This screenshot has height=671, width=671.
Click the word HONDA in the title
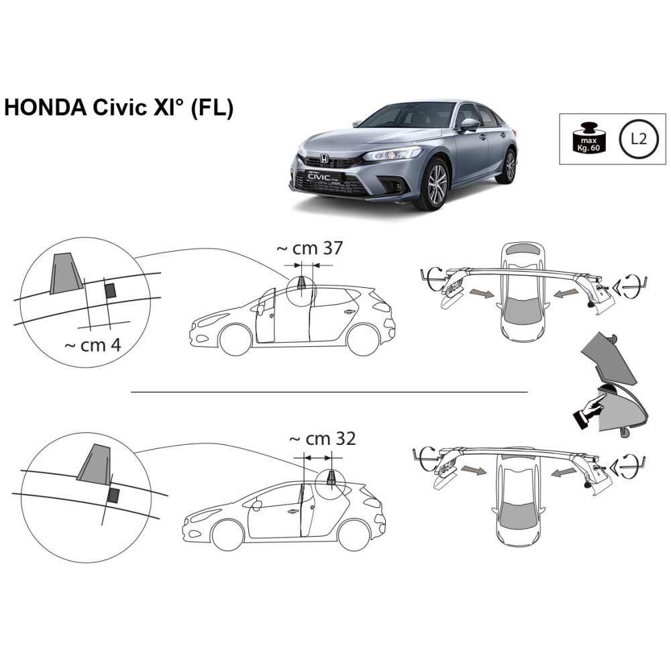[x=45, y=107]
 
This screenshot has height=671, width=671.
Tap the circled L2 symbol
[x=638, y=139]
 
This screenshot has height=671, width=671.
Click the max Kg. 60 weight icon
[x=589, y=138]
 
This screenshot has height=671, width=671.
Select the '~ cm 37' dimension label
[x=310, y=248]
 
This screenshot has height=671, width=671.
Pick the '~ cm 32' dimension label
[x=323, y=439]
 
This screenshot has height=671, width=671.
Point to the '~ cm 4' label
[x=93, y=345]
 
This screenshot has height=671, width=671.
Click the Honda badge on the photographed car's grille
[x=324, y=159]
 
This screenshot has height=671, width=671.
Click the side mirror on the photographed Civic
[x=470, y=125]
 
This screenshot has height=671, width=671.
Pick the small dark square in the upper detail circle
[x=111, y=290]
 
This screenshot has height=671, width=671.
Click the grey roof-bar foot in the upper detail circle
[x=66, y=273]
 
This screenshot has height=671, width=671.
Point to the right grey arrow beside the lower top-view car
[x=563, y=472]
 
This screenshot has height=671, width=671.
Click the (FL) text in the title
[x=211, y=108]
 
